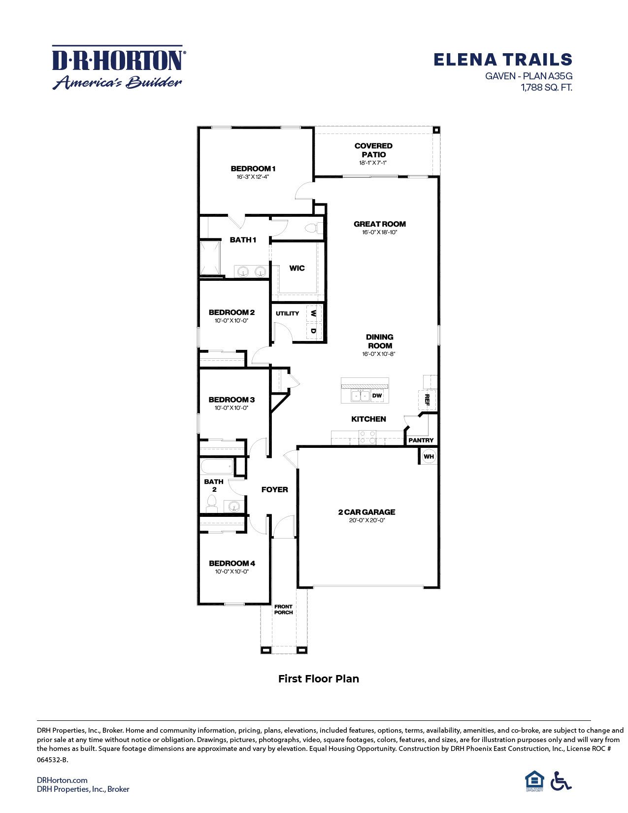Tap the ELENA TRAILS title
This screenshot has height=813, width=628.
click(x=502, y=60)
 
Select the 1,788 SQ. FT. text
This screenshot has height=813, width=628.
click(x=547, y=88)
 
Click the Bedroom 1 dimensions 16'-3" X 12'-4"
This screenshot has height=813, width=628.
click(x=253, y=176)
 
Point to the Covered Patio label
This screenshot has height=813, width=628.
click(x=373, y=150)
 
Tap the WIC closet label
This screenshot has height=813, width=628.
click(x=297, y=268)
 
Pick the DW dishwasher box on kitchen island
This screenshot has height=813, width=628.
click(x=377, y=395)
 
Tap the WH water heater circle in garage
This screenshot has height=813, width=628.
click(x=429, y=456)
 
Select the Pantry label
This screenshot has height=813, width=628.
click(x=421, y=440)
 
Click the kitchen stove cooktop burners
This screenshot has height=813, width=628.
click(x=366, y=437)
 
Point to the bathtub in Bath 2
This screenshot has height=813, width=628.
click(x=217, y=466)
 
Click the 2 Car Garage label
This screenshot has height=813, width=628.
click(x=366, y=512)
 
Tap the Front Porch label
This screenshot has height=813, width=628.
click(x=283, y=610)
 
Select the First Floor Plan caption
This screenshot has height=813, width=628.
click(x=318, y=678)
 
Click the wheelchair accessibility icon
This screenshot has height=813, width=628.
click(x=561, y=781)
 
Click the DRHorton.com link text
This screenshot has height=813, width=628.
click(x=62, y=779)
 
